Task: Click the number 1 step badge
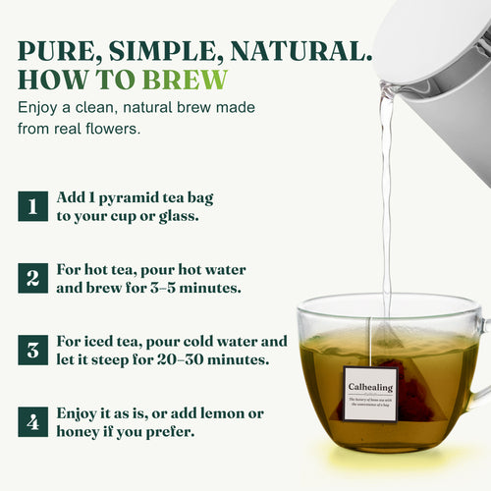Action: (32, 207)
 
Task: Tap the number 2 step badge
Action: (32, 277)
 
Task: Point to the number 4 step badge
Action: (32, 423)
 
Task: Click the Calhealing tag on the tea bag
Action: (368, 393)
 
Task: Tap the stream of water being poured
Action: (386, 196)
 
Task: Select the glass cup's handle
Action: (479, 363)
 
